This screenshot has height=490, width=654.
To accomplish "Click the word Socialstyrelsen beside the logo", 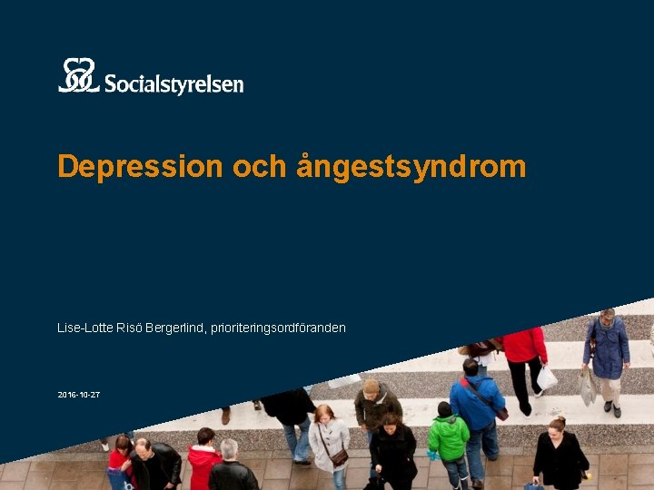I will point(173,84).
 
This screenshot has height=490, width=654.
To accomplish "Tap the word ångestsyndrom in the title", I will point(411,167).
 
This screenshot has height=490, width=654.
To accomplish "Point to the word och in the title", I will point(259,166).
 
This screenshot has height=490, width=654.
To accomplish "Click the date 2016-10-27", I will point(78,396).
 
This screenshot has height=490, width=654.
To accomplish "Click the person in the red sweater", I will point(524,349).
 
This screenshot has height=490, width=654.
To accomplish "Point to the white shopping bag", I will point(547,377).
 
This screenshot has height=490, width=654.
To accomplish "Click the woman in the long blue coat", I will point(607,349).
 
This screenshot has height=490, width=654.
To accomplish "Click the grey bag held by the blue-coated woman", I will point(588,387).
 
